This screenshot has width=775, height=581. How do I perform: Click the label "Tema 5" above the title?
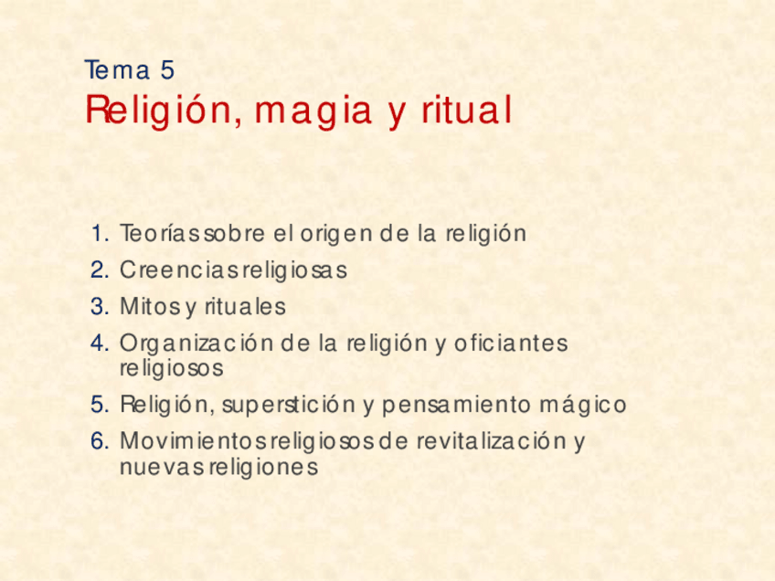pyautogui.click(x=129, y=69)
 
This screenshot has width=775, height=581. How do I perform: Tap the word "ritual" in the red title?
pyautogui.click(x=466, y=111)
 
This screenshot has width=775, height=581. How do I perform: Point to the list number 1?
pyautogui.click(x=100, y=234)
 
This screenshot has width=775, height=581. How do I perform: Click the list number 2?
pyautogui.click(x=100, y=270)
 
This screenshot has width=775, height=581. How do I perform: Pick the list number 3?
pyautogui.click(x=100, y=307)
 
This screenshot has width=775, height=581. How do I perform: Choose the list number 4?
pyautogui.click(x=100, y=344)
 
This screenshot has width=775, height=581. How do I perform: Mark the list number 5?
pyautogui.click(x=100, y=405)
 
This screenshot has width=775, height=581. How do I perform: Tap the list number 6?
pyautogui.click(x=100, y=442)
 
